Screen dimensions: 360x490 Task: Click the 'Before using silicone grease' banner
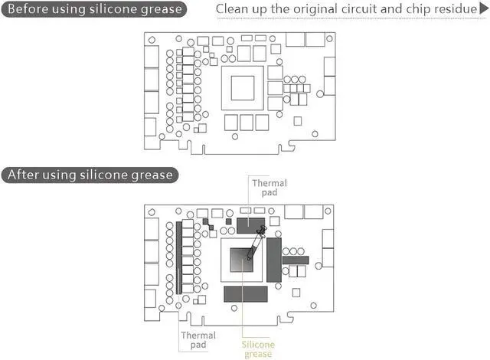coord(94,10)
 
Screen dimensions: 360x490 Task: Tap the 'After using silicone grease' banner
coord(90,175)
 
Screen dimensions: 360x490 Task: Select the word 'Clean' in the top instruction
coord(234,10)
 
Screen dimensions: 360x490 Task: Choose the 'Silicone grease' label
coord(257,349)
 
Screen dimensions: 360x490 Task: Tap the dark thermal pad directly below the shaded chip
coord(246,293)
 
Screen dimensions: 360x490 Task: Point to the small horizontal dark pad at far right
coord(295,260)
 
